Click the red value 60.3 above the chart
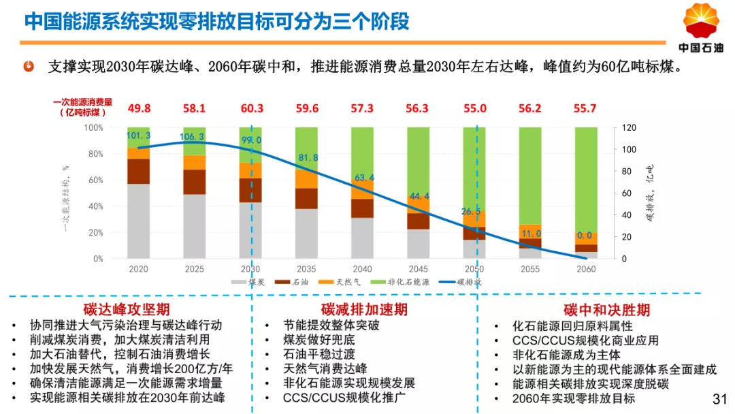click(x=251, y=108)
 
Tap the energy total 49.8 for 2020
click(x=139, y=108)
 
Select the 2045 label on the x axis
click(x=419, y=269)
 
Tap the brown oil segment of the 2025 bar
click(x=195, y=182)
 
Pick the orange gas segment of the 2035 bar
click(x=306, y=178)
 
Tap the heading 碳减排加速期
click(x=364, y=310)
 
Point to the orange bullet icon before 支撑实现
click(x=29, y=67)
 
